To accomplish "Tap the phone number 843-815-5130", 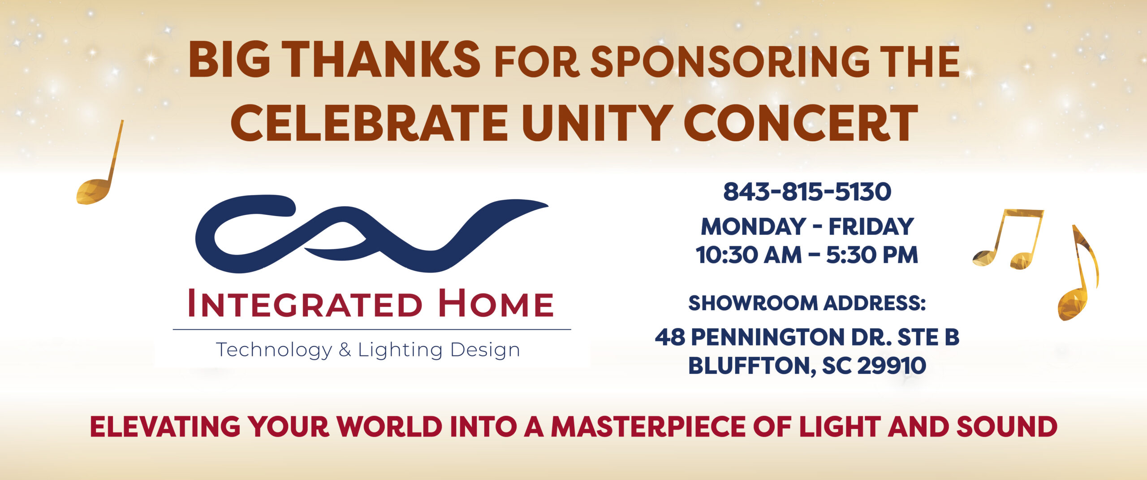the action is [807, 192].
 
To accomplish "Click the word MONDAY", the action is [753, 227].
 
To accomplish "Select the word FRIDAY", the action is [871, 227].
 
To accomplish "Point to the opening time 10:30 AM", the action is [748, 255].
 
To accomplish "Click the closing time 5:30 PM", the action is [872, 255].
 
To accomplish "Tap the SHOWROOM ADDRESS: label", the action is [807, 303].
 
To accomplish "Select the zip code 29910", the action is [892, 366].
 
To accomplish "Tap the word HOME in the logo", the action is [496, 303].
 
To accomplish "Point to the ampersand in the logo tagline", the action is [345, 350].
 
